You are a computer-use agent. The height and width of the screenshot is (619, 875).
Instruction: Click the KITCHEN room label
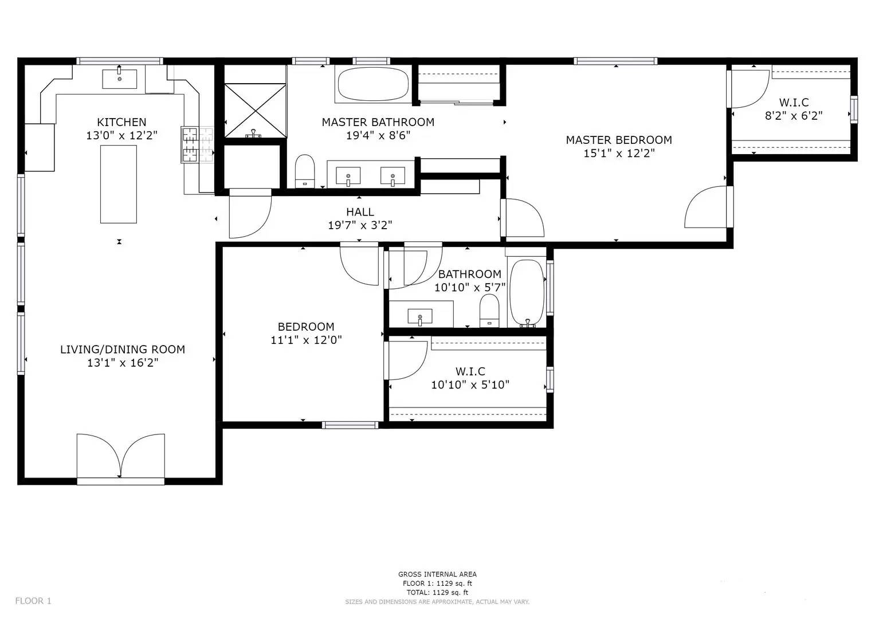(x=121, y=122)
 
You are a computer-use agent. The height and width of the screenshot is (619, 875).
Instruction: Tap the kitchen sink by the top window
(x=119, y=79)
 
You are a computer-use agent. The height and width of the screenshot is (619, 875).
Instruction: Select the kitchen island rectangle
(x=119, y=184)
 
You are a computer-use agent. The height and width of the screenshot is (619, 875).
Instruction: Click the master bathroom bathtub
(x=373, y=85)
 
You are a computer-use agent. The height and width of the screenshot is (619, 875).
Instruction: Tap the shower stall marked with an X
(x=254, y=110)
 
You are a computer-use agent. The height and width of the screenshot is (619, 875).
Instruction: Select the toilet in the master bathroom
(x=304, y=171)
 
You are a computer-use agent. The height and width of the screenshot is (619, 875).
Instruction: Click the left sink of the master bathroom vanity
(x=348, y=174)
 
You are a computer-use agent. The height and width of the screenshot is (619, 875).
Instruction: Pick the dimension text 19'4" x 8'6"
(x=378, y=136)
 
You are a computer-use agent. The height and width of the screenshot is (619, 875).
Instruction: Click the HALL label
(x=360, y=212)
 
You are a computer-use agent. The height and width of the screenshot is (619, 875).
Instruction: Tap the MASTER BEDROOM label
(x=619, y=140)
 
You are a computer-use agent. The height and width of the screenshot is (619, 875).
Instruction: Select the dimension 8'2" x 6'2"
(x=794, y=116)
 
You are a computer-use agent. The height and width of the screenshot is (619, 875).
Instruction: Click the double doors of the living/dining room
(x=120, y=456)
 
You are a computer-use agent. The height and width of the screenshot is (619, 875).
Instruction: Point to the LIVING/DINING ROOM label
(x=123, y=349)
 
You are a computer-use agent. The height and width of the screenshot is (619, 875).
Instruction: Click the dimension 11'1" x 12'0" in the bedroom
(x=306, y=340)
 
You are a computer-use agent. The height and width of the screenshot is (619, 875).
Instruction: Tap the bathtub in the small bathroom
(x=527, y=293)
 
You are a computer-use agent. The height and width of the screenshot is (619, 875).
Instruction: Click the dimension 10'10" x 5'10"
(x=470, y=385)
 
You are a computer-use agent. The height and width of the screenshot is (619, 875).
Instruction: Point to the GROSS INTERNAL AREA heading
(x=437, y=574)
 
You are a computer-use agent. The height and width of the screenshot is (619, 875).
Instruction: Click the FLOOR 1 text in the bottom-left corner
(x=33, y=601)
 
